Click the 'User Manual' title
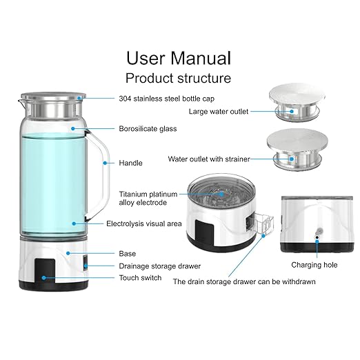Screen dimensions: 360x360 (x=178, y=57)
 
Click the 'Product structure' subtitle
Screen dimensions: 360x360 (x=178, y=78)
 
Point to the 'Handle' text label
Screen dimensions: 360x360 (x=130, y=163)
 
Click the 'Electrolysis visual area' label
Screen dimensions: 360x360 (x=145, y=223)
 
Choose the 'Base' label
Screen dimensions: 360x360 (x=128, y=253)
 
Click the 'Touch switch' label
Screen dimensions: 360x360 (x=140, y=277)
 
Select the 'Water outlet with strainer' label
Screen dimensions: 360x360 (x=209, y=159)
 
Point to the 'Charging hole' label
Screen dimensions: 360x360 (x=315, y=264)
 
